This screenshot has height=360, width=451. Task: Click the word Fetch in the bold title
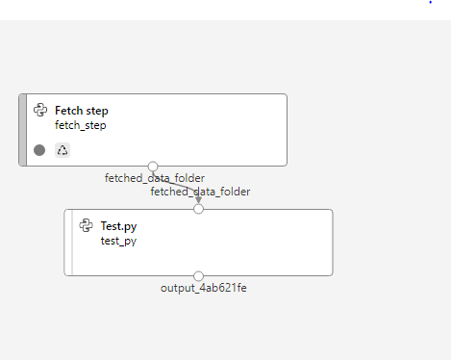69,111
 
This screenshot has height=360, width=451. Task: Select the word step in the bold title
97,111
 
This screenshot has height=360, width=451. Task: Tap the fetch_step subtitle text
80,125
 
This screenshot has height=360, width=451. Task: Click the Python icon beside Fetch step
40,111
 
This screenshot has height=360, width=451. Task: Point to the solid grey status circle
39,150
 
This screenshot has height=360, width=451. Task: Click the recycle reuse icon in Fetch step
63,150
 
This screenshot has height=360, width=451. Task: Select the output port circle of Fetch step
153,167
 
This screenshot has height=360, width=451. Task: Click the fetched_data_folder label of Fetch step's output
154,178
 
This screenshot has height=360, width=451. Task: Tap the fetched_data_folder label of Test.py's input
200,192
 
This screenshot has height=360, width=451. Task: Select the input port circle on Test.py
199,209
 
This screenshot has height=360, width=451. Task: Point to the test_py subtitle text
118,241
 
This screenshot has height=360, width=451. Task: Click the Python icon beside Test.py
87,225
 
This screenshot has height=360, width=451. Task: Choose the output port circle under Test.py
199,276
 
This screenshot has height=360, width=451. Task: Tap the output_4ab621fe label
197,288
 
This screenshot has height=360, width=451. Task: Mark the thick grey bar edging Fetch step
22,130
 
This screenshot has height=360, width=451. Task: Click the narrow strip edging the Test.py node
68,243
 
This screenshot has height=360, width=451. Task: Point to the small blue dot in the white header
430,3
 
